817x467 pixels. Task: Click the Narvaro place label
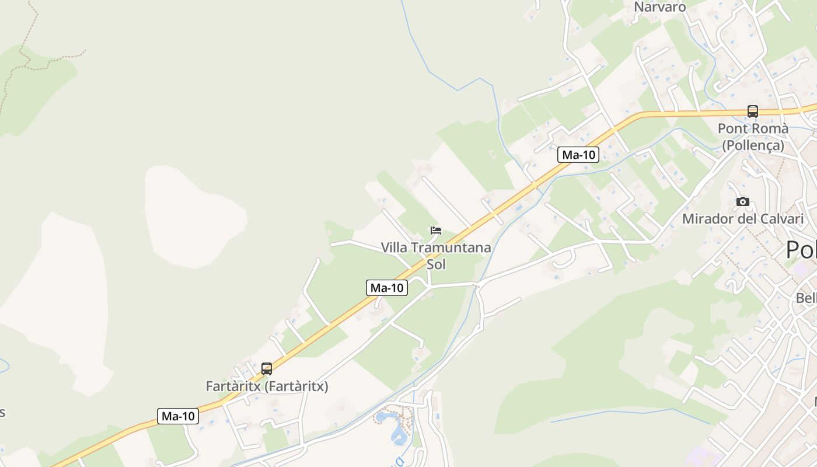pos(660,7)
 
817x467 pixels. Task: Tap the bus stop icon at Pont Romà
pos(753,111)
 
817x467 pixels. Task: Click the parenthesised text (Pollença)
pos(753,145)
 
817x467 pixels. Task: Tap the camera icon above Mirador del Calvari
pos(743,201)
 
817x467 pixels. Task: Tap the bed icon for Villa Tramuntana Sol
pos(436,231)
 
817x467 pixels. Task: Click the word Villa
pos(394,248)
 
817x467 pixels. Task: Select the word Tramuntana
pos(451,248)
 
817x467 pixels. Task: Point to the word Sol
pos(436,264)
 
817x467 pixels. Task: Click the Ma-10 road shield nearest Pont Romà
pos(578,155)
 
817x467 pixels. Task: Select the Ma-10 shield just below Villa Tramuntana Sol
pos(387,287)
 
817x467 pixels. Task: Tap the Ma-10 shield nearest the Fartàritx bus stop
pos(178,416)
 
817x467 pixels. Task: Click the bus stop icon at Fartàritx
pos(267,369)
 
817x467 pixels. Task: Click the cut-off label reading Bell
pos(806,298)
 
